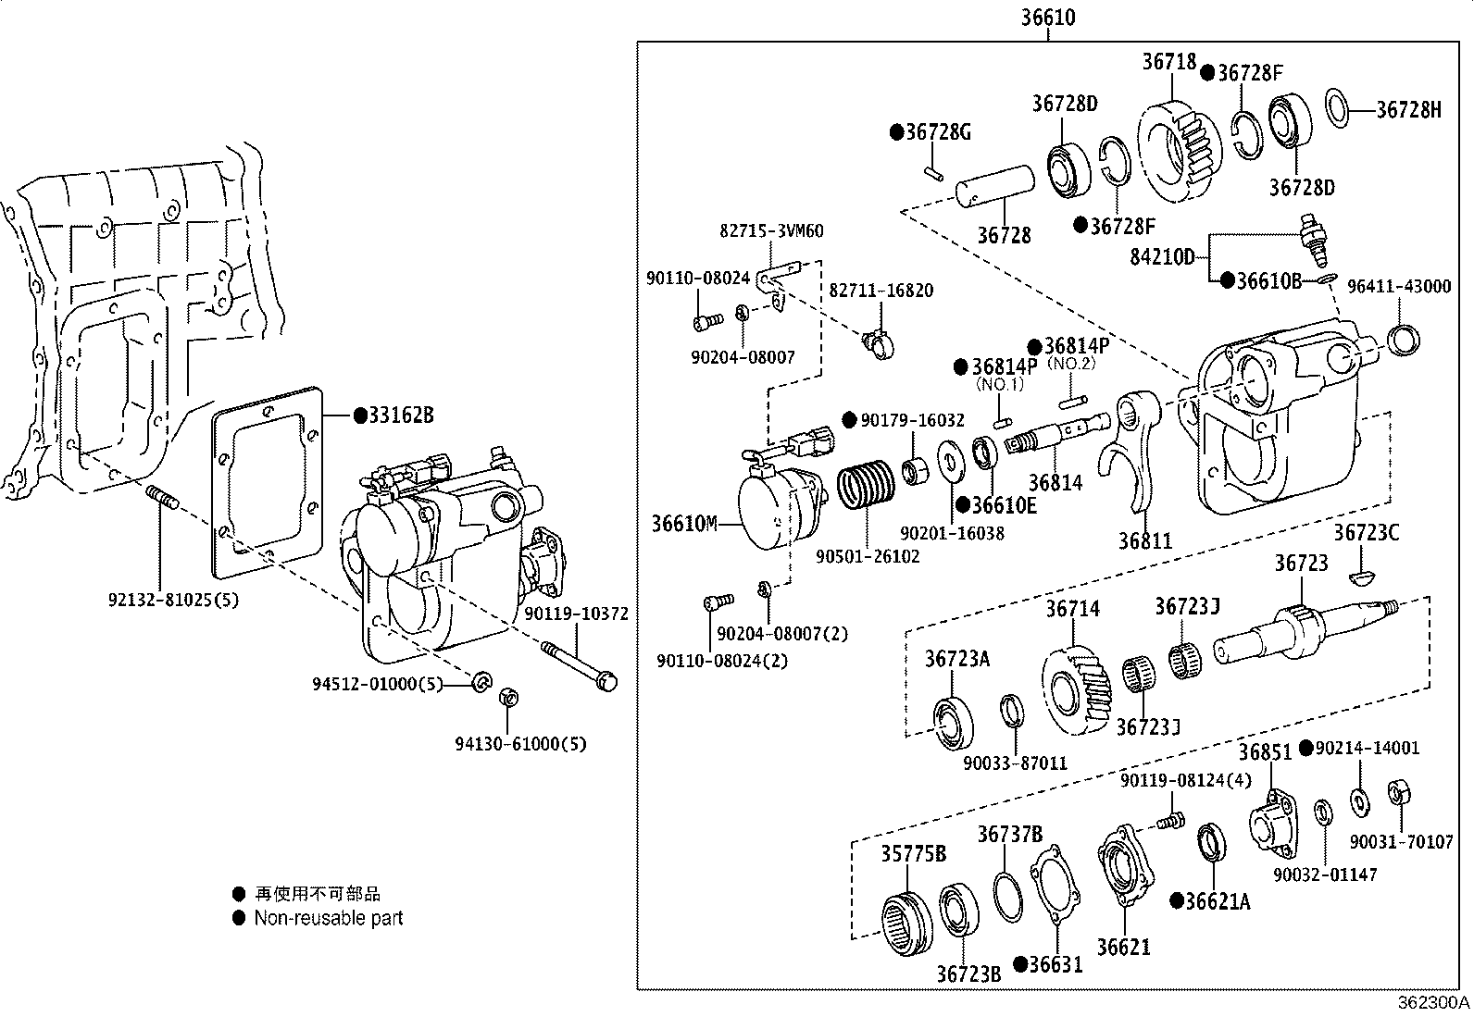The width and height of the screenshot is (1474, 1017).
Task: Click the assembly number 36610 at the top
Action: click(1048, 18)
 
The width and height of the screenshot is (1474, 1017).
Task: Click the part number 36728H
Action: click(1408, 110)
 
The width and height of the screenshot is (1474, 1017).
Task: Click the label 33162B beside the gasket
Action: click(400, 415)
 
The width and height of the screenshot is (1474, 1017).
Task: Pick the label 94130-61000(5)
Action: click(520, 744)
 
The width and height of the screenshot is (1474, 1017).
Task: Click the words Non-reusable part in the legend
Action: click(329, 918)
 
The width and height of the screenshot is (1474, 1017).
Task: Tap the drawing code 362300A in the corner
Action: click(1433, 1003)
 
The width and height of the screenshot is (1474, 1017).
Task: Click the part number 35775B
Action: click(913, 853)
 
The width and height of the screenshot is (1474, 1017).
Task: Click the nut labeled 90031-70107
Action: click(1398, 793)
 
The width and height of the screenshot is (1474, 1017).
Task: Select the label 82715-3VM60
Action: click(771, 230)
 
